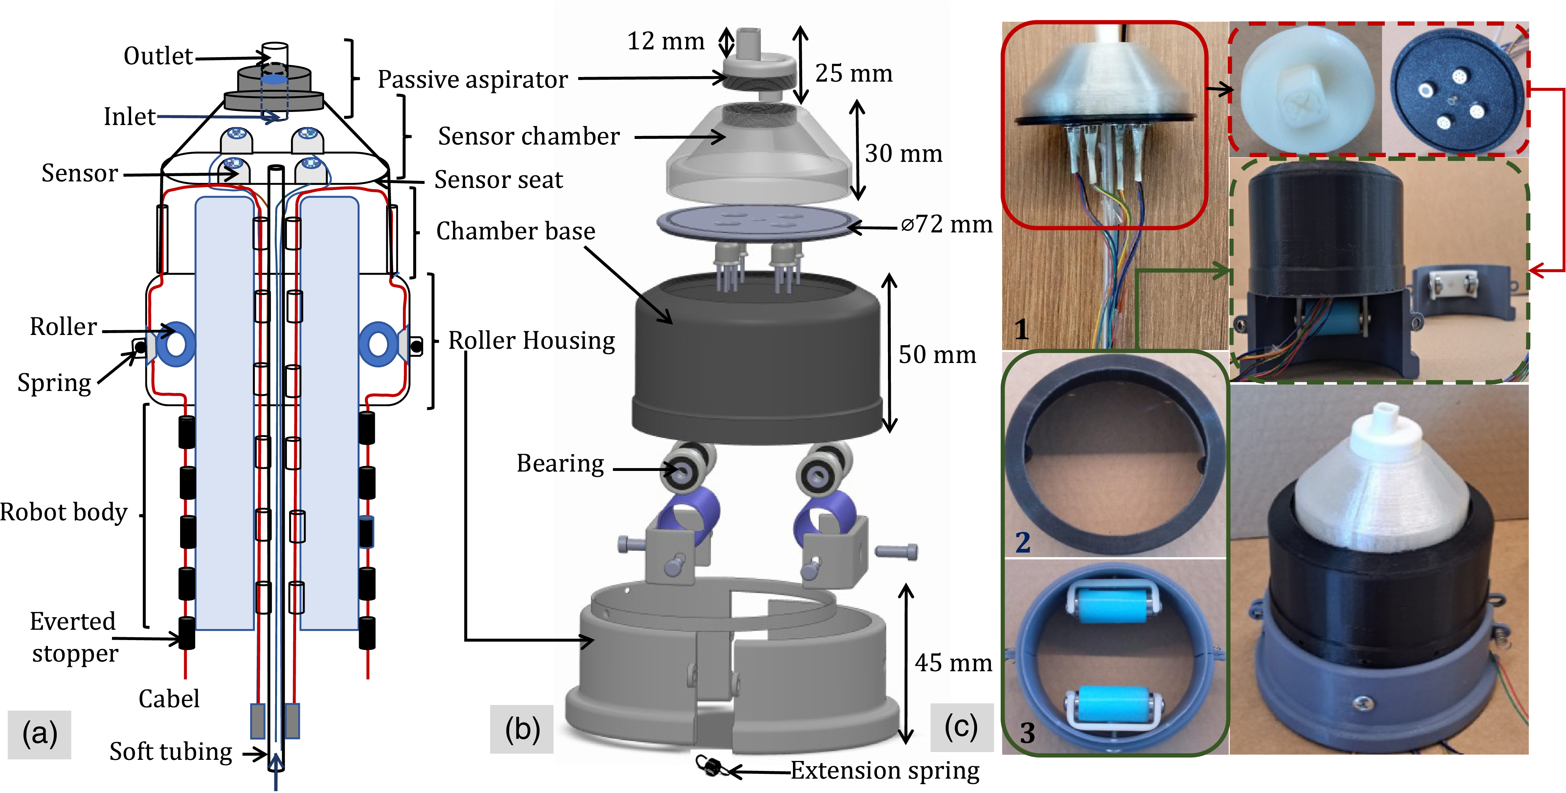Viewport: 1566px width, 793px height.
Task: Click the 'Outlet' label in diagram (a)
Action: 158,56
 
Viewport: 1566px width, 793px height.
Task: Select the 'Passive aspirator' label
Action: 473,79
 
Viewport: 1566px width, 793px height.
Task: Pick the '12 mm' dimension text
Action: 665,41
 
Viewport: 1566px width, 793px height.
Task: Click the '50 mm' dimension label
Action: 937,354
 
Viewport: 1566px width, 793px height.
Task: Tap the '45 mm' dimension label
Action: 953,663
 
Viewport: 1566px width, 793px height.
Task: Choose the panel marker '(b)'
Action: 522,729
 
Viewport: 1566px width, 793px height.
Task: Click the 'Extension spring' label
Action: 885,771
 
